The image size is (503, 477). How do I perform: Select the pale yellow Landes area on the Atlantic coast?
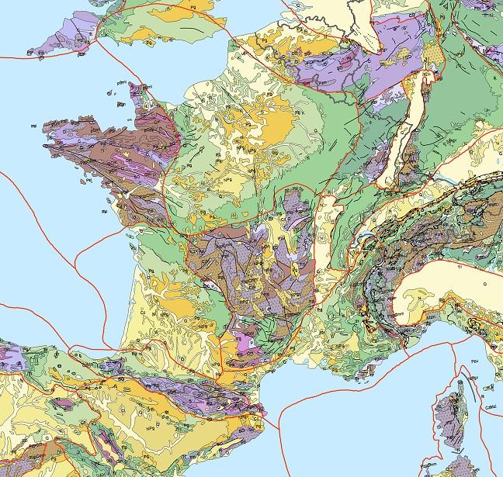140,302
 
